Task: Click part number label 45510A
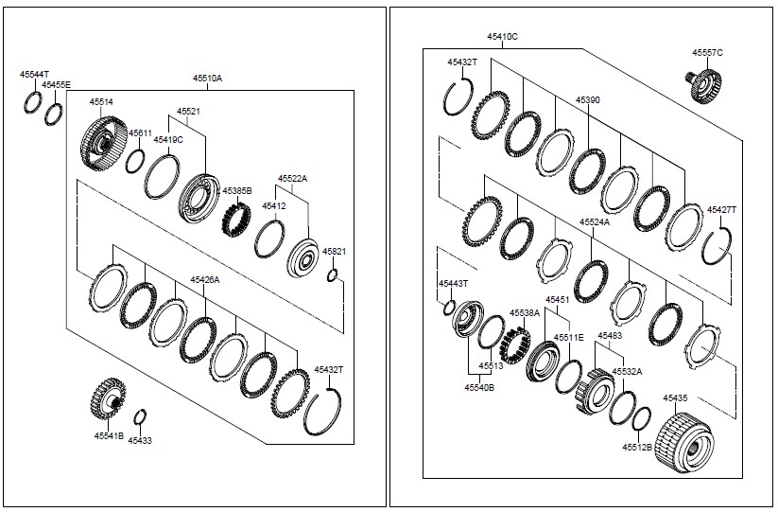point(207,79)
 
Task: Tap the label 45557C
point(707,53)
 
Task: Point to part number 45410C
point(502,36)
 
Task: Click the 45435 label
point(675,398)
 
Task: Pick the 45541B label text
point(109,435)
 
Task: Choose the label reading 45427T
point(722,209)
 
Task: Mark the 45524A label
point(595,221)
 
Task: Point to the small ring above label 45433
point(139,417)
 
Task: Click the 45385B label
point(236,191)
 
